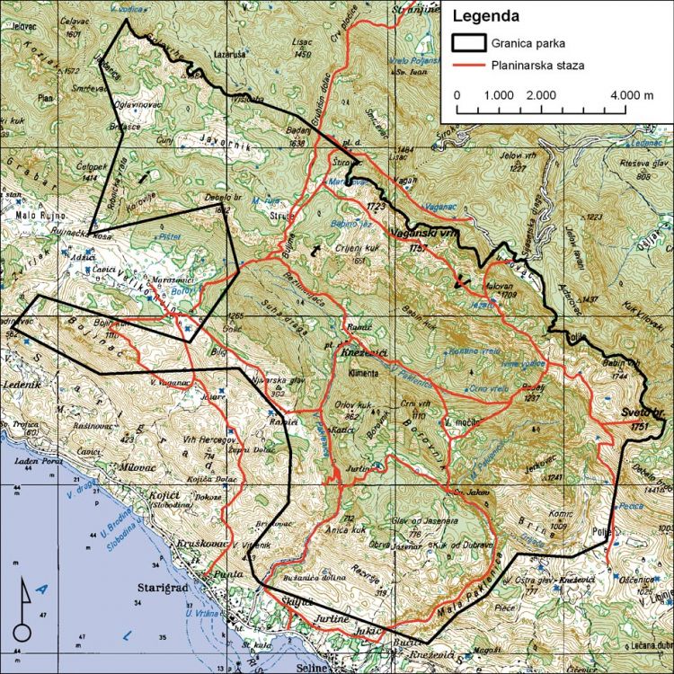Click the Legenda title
click(x=486, y=15)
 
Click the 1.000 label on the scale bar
click(x=497, y=94)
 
